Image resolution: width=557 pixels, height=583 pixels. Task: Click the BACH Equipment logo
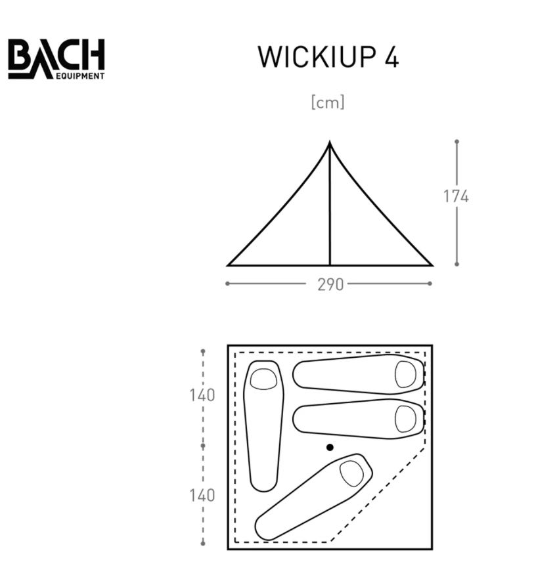tap(56, 59)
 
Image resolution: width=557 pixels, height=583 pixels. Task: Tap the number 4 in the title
tap(391, 57)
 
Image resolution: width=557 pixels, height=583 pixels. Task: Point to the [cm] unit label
tap(328, 102)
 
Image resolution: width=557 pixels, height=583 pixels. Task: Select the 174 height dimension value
tap(456, 196)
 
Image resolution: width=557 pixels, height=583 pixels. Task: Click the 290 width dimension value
tap(330, 285)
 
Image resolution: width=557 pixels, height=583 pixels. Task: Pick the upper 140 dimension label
tap(202, 395)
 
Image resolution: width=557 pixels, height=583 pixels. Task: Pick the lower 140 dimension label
tap(202, 496)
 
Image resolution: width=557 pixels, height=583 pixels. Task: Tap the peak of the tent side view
tap(330, 142)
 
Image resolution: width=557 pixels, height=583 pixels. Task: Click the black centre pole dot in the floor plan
tap(330, 447)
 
